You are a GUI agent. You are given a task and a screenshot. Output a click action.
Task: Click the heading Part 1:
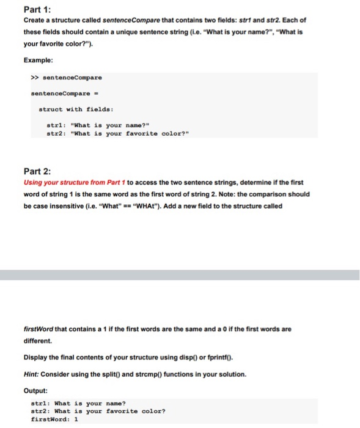(x=38, y=9)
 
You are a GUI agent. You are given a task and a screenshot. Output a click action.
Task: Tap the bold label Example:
(x=39, y=60)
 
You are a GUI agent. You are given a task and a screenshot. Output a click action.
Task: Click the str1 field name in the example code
(x=55, y=125)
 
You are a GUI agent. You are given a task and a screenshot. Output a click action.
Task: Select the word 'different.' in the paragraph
(x=38, y=341)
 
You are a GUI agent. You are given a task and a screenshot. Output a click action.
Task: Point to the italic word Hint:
(x=32, y=374)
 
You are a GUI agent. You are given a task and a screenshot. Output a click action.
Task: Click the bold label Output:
(x=35, y=390)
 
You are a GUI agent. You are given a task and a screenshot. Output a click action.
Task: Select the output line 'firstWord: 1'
(x=55, y=419)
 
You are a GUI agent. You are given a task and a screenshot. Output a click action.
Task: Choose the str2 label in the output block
(x=40, y=411)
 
